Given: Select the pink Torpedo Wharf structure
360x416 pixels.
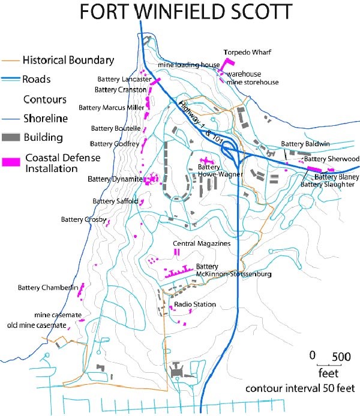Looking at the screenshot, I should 227,64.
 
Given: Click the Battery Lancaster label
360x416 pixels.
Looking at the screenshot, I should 122,79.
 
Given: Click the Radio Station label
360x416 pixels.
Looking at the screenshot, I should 195,305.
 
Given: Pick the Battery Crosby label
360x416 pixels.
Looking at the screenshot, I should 83,219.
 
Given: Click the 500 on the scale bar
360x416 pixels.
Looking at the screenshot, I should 341,356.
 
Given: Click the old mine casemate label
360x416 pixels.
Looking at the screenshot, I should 36,325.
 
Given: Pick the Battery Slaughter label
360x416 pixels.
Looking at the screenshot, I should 327,185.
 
